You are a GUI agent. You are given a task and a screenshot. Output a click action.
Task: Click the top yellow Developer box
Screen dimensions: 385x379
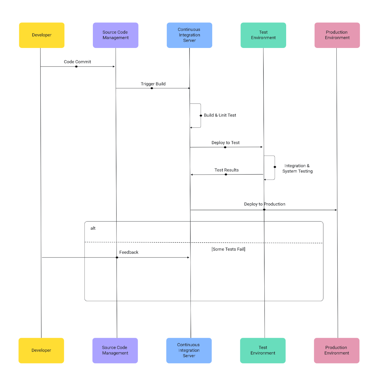42,35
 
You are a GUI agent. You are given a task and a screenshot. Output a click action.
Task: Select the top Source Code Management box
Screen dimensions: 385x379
116,35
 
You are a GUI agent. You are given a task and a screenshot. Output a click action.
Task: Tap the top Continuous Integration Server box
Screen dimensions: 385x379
189,35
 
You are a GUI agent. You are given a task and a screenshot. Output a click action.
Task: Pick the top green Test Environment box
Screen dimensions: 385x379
263,35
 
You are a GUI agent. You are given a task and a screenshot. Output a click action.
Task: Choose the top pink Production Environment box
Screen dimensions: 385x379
337,35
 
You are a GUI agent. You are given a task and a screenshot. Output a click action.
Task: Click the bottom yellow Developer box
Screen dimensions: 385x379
41,350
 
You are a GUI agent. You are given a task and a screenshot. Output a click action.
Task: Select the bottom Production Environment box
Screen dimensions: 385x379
337,350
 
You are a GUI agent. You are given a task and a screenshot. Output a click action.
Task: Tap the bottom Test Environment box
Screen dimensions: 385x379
263,350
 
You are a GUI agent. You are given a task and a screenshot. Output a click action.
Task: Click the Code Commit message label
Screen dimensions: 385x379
77,62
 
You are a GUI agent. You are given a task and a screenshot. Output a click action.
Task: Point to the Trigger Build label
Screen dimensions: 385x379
153,84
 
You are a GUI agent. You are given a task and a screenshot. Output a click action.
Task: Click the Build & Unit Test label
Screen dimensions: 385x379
220,115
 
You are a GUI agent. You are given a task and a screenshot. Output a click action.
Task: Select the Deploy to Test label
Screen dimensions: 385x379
226,143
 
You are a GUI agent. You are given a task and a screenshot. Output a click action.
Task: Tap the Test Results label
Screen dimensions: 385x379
226,170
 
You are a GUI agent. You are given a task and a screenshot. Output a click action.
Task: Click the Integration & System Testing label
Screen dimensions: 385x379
297,169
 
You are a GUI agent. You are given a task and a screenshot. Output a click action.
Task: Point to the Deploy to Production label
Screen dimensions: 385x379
265,204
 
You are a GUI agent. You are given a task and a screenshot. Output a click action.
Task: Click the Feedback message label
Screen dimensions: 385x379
129,252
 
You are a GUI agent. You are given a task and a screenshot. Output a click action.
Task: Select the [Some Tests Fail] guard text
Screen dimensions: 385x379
228,249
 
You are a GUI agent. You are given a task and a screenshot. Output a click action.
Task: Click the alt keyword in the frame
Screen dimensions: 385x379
93,228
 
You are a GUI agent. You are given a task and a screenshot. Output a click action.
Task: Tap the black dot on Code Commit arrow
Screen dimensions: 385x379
76,67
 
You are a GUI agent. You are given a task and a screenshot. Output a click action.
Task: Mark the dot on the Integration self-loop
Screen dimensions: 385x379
275,167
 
